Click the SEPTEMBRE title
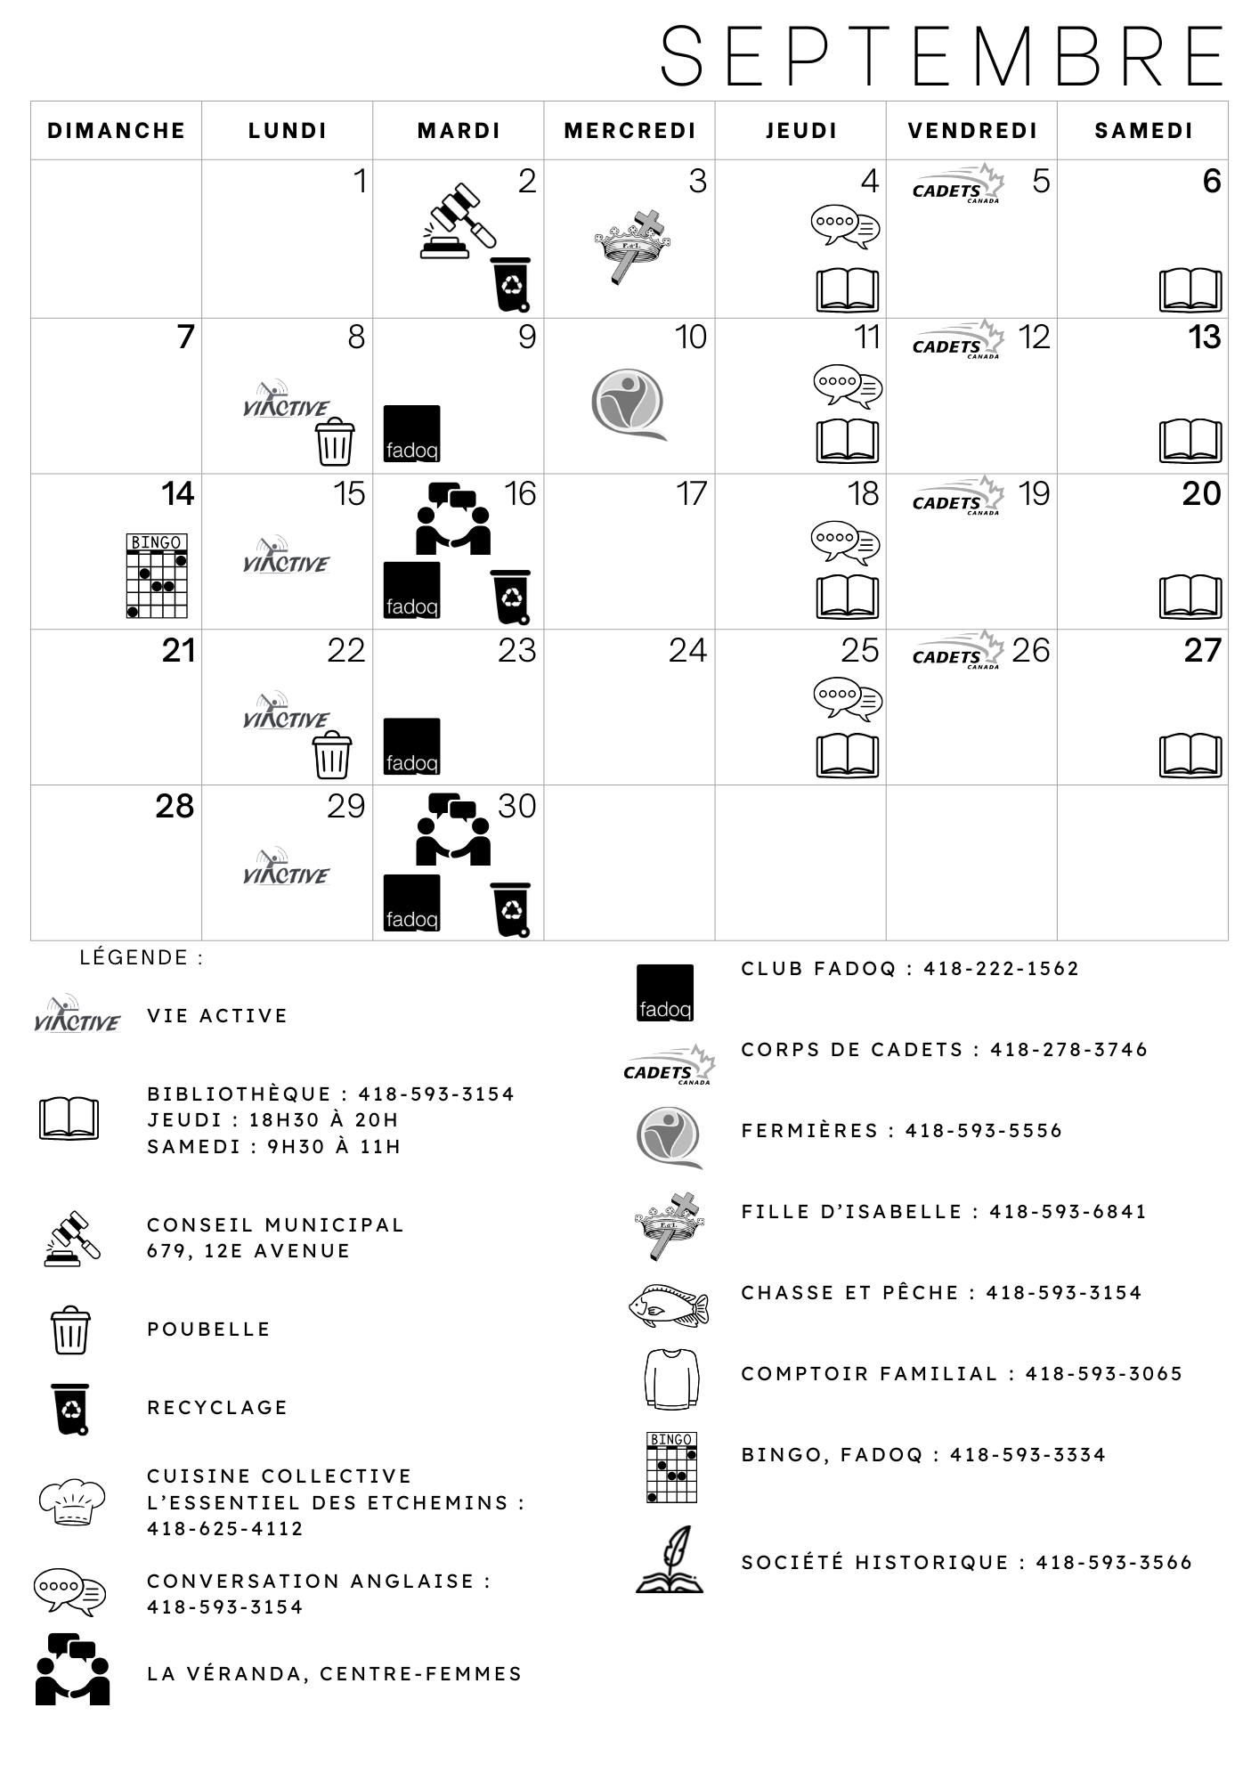943,56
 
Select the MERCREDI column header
629,131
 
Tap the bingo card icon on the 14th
157,575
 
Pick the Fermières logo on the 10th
628,404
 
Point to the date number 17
691,493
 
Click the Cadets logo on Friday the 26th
958,650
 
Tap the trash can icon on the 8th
335,441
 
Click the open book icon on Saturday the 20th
1190,596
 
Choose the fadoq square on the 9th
411,434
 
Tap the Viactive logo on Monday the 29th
286,866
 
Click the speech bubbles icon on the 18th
846,542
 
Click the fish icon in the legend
669,1305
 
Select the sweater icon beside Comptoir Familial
670,1378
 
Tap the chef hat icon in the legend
72,1502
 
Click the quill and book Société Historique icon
670,1558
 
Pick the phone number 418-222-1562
1001,969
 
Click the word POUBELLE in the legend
208,1330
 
